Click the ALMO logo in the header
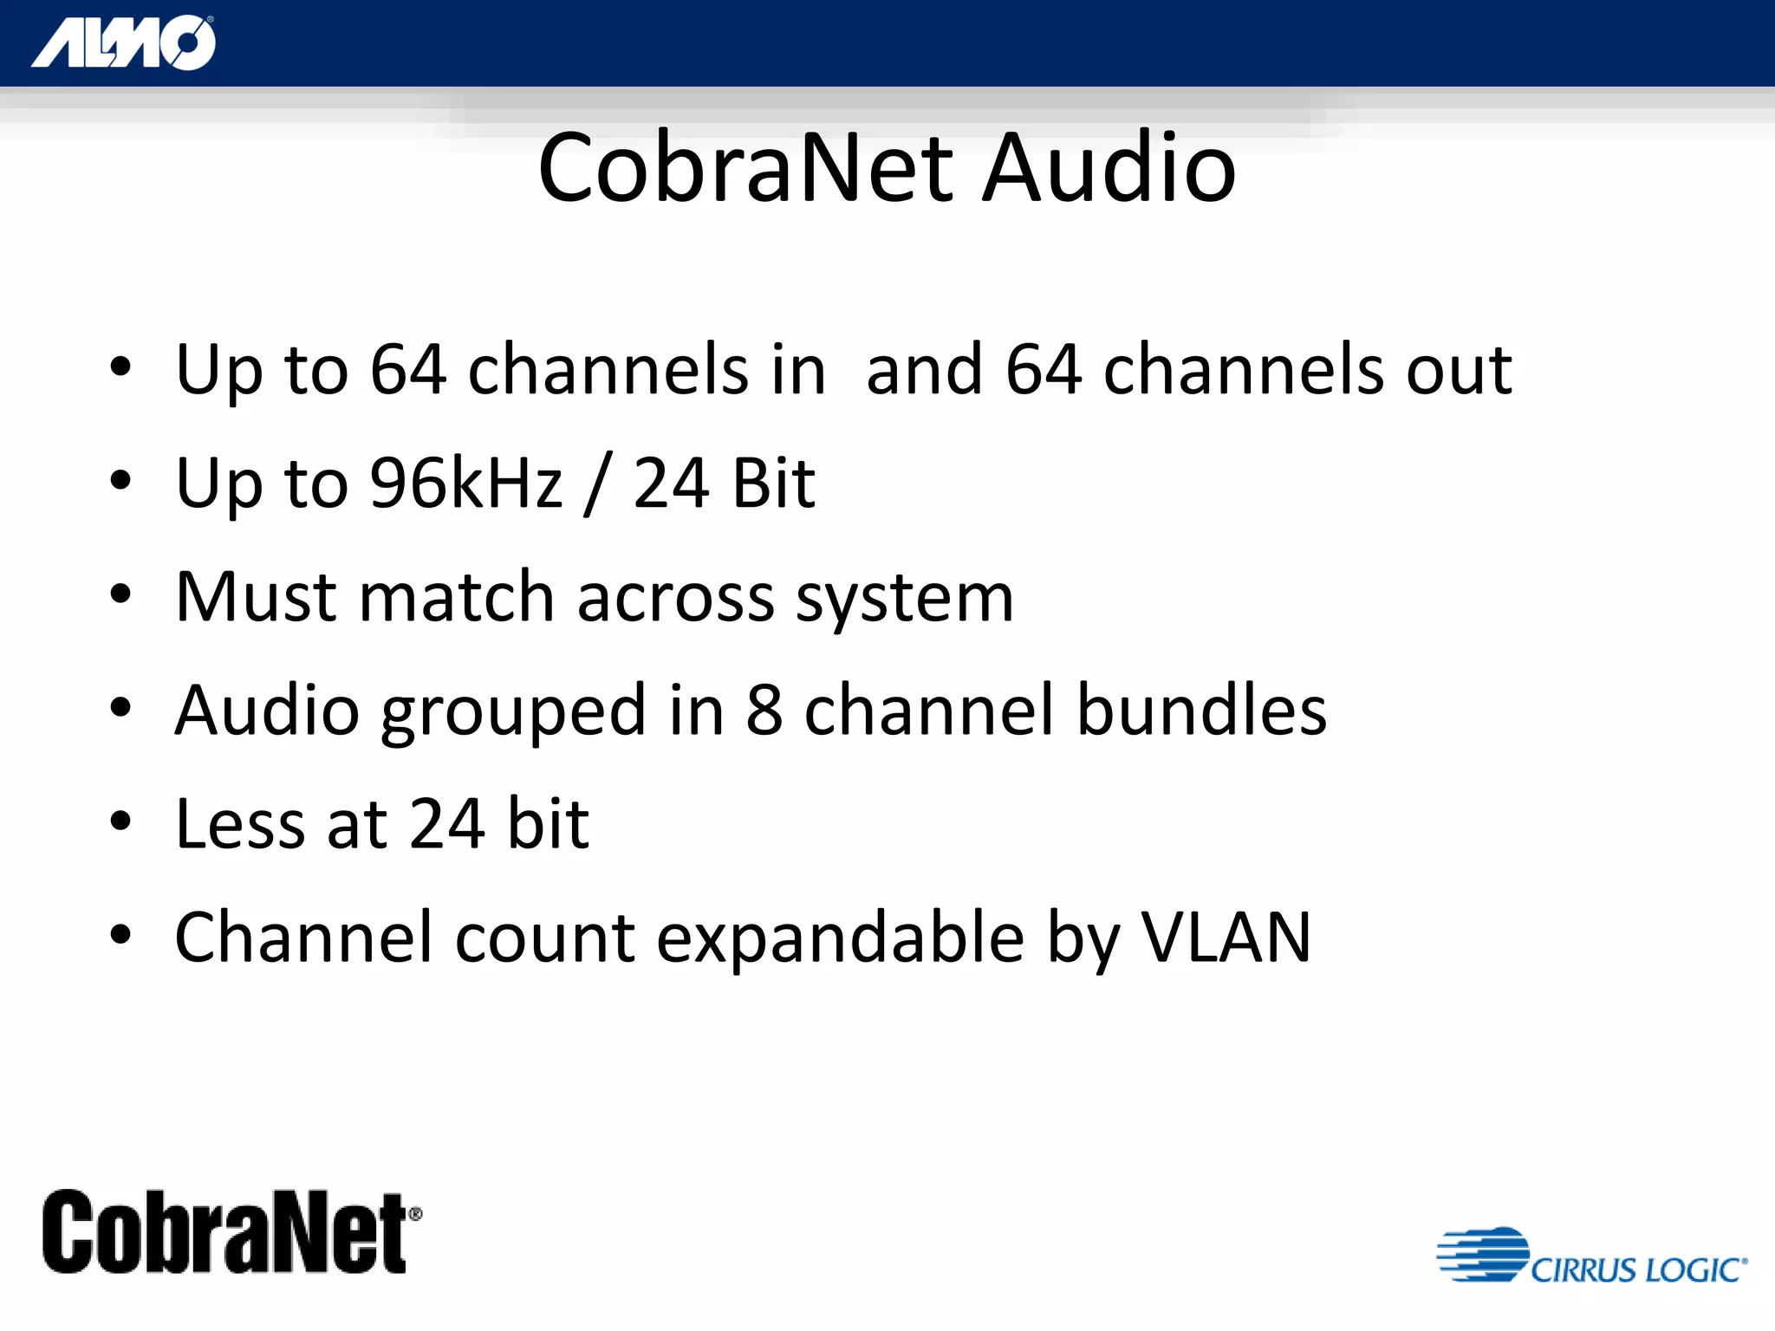coord(124,42)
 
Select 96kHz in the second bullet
coord(466,483)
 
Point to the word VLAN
coord(1226,937)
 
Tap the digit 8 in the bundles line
coord(764,710)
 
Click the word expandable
coord(840,938)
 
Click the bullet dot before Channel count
coord(120,935)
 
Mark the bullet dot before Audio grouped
coord(120,708)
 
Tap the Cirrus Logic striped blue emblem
coord(1483,1254)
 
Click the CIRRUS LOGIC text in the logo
coord(1638,1270)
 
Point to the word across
coord(675,598)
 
